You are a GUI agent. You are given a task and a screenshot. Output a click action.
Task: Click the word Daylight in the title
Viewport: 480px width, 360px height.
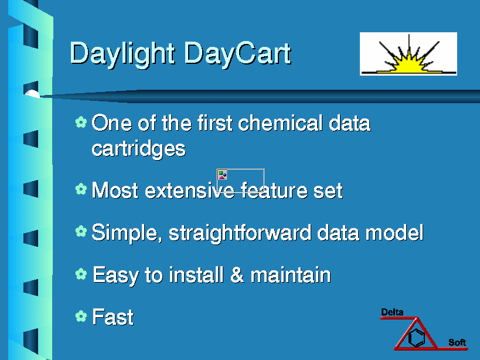click(x=122, y=54)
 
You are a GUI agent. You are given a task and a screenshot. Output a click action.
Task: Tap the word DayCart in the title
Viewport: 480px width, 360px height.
click(x=238, y=54)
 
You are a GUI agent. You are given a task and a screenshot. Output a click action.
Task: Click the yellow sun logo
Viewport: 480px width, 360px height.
click(x=408, y=54)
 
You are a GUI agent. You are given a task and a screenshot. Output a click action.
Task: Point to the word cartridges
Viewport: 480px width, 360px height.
click(x=139, y=149)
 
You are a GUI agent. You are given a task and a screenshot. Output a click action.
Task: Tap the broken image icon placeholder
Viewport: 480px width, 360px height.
click(x=222, y=175)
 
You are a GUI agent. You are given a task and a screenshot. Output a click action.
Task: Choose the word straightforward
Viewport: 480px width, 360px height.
click(x=240, y=233)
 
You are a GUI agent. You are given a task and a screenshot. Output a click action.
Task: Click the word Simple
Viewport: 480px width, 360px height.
click(x=127, y=233)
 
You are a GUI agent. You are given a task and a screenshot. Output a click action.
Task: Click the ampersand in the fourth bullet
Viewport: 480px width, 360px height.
click(x=237, y=274)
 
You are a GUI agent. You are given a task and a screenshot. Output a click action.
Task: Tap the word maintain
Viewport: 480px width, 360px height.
click(x=291, y=274)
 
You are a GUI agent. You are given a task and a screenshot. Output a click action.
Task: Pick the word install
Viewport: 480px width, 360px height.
click(x=196, y=274)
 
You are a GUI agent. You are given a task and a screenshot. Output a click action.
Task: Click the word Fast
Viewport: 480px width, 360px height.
click(x=113, y=317)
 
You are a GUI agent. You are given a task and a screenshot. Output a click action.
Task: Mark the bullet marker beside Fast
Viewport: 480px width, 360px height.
click(x=81, y=316)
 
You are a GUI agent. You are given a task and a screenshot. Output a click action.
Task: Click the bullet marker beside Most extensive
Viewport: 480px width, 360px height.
click(x=81, y=189)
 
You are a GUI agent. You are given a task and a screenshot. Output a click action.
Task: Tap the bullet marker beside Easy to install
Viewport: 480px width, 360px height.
click(x=81, y=274)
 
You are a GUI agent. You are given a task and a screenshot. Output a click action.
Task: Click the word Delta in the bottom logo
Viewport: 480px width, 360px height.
click(x=392, y=312)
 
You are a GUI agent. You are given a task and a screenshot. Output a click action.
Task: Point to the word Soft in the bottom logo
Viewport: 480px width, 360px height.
click(x=457, y=342)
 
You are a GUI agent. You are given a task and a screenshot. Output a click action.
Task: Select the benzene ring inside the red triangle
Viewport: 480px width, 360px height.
click(x=417, y=338)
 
